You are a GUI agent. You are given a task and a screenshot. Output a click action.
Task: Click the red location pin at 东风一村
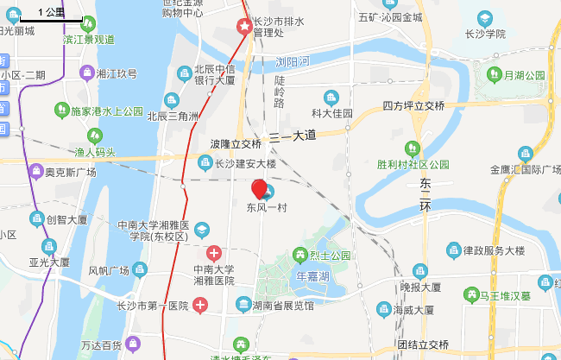point(259,188)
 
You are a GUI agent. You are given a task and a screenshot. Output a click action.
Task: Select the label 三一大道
point(293,136)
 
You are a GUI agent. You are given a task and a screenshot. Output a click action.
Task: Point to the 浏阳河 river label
point(292,61)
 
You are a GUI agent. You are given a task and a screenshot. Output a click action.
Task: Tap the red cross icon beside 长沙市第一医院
point(200,305)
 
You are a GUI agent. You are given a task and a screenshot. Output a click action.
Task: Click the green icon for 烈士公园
point(299,255)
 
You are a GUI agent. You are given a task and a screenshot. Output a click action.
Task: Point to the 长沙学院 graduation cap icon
point(484,17)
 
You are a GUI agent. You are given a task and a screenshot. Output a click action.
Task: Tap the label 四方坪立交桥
point(413,105)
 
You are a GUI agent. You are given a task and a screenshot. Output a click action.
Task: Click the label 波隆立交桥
point(235,143)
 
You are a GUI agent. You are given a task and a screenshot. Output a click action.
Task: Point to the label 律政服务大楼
point(493,250)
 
